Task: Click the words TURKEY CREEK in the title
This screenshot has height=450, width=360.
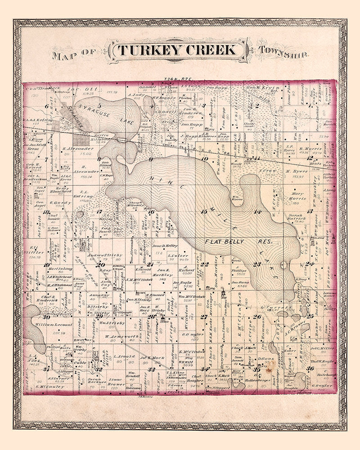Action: [177, 49]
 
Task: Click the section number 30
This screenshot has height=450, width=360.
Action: [46, 316]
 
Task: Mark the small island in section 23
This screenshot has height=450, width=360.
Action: [284, 264]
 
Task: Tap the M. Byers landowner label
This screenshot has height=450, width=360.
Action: [295, 171]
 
